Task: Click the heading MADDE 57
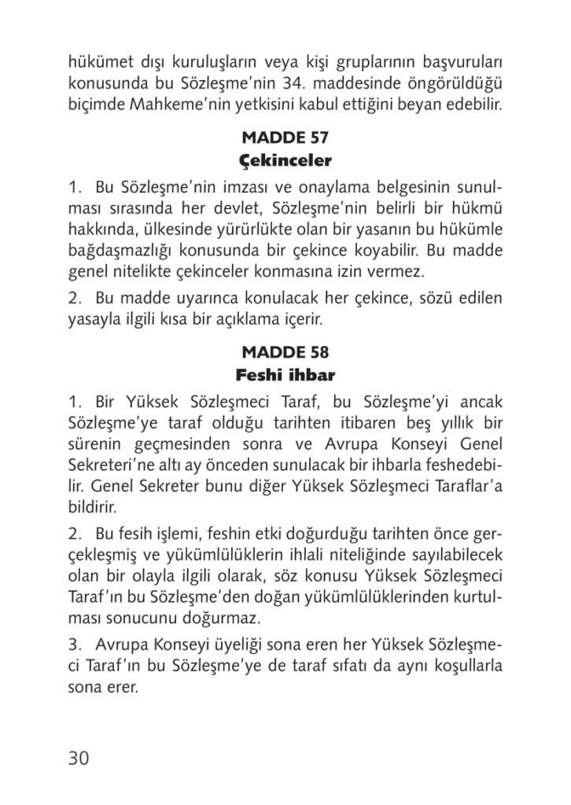coord(285,139)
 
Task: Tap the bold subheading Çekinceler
coord(285,162)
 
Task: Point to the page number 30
coord(79,758)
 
